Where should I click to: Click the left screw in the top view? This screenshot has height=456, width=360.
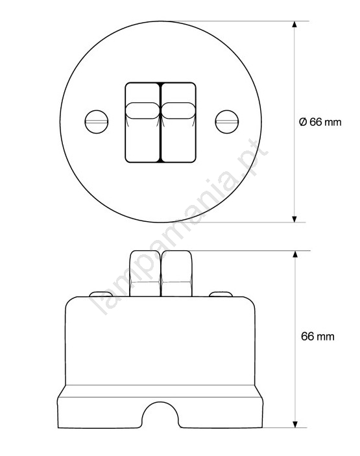pos(97,122)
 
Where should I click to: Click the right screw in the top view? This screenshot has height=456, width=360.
pos(227,122)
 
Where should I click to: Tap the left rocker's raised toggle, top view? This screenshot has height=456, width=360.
pos(143,110)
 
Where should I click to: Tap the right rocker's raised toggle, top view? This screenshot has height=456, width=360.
pos(178,110)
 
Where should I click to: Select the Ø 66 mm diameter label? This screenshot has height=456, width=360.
pos(320,122)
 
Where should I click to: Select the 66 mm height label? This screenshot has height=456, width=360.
pos(318,337)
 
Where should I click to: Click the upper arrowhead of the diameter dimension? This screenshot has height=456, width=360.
pos(294,25)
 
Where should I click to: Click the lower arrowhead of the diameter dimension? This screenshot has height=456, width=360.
pos(294,219)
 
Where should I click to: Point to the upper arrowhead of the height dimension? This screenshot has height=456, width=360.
pos(295,254)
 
